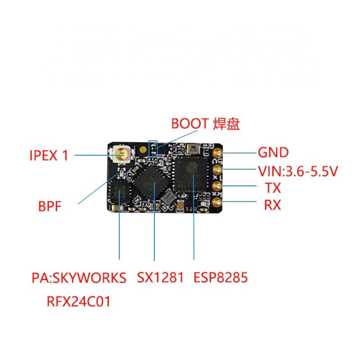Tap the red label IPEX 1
click(x=49, y=156)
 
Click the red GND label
click(x=273, y=153)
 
